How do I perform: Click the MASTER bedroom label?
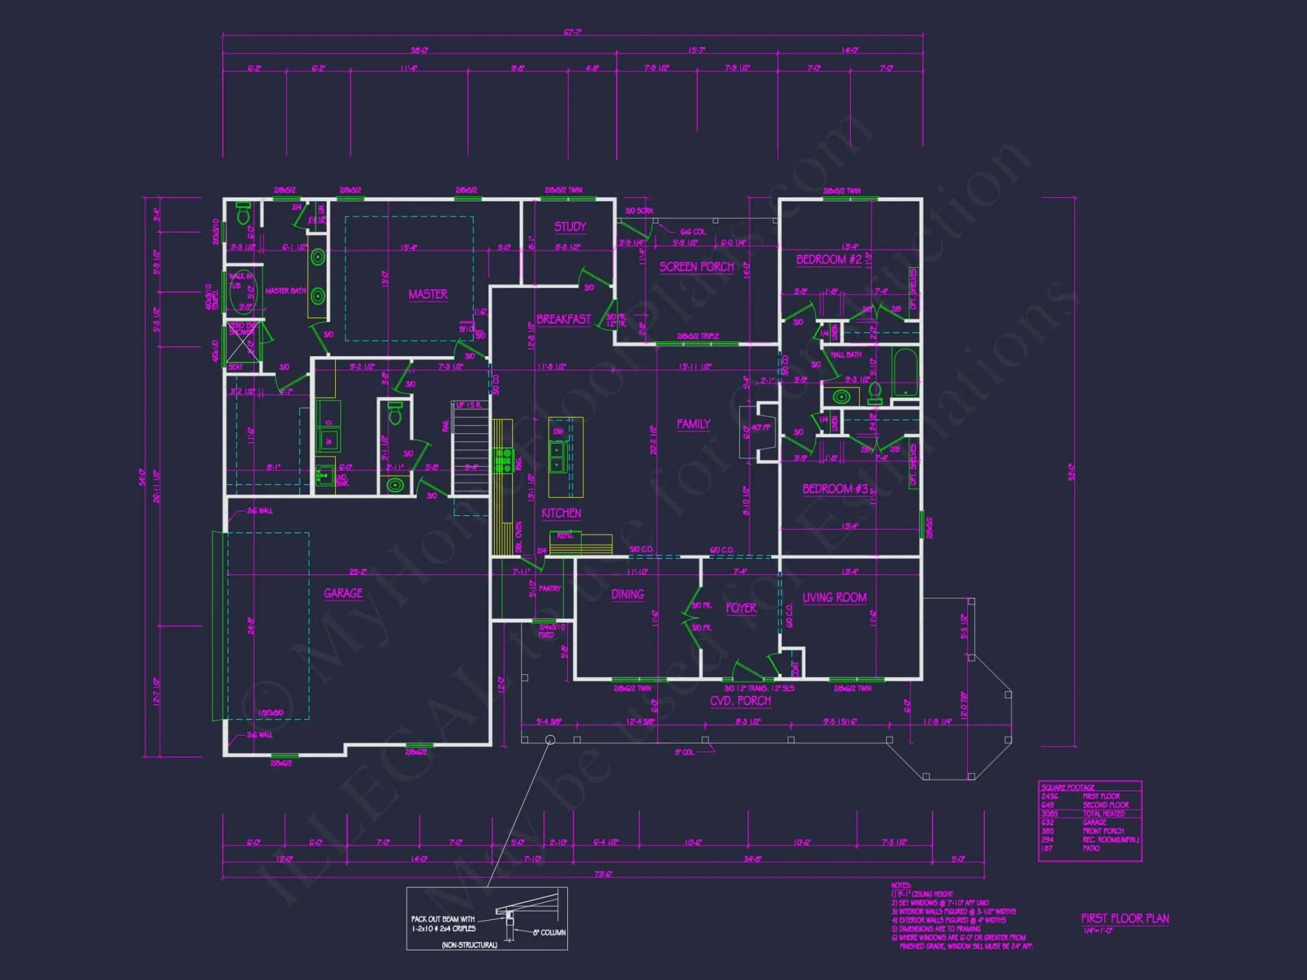tap(428, 294)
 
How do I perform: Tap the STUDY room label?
tap(570, 227)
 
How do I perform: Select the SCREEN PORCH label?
tap(696, 267)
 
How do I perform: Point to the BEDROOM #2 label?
tap(829, 259)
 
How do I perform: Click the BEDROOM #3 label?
tap(835, 489)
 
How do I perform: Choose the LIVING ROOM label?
tap(834, 597)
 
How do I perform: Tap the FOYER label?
tap(740, 608)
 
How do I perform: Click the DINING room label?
tap(627, 594)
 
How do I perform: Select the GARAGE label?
tap(343, 593)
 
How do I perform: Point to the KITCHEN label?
tap(561, 513)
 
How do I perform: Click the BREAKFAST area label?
tap(563, 319)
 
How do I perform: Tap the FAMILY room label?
tap(693, 424)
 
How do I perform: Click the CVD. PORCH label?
tap(740, 700)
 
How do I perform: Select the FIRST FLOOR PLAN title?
tap(1125, 918)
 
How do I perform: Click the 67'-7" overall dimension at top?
tap(572, 32)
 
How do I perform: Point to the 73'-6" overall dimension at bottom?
tap(603, 874)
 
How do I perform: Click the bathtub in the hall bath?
tap(905, 373)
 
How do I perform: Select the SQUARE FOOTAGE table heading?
tap(1067, 787)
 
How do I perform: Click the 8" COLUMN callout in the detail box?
tap(548, 932)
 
